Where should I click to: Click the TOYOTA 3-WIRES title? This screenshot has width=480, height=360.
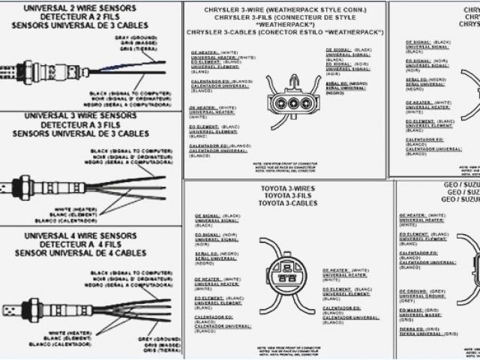click(287, 187)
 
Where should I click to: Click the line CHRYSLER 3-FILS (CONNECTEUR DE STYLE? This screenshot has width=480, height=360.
click(286, 16)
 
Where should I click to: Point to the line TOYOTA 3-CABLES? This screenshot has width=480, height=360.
click(287, 203)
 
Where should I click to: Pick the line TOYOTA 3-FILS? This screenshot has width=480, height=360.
click(287, 195)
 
